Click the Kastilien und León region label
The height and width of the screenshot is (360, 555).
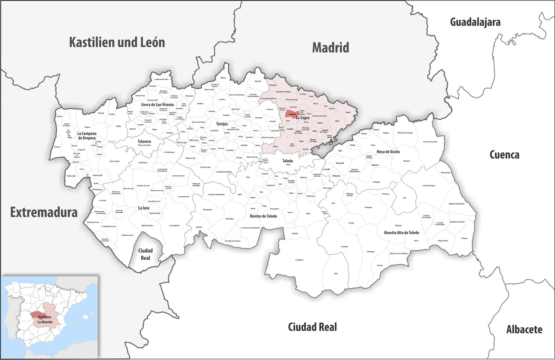(x=117, y=42)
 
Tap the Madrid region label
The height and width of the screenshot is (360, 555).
(x=330, y=48)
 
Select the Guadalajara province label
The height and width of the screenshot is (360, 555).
(x=475, y=22)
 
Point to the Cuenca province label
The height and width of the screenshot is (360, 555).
(x=504, y=155)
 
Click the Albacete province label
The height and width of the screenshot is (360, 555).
(x=524, y=330)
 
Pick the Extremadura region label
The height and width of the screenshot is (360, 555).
(x=44, y=212)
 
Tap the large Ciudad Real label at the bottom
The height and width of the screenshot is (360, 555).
(x=312, y=327)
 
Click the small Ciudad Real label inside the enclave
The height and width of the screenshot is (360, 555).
(x=145, y=254)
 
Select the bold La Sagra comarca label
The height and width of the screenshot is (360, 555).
(x=303, y=117)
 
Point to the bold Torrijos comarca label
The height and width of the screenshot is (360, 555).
(x=219, y=124)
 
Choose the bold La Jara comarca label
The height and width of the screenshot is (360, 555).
(x=144, y=208)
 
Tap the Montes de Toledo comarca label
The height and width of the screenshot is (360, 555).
(x=263, y=216)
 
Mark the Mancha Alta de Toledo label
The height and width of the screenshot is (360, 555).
(x=402, y=233)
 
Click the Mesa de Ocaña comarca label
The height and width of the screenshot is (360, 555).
(x=388, y=152)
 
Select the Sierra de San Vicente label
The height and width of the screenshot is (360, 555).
(x=157, y=105)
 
